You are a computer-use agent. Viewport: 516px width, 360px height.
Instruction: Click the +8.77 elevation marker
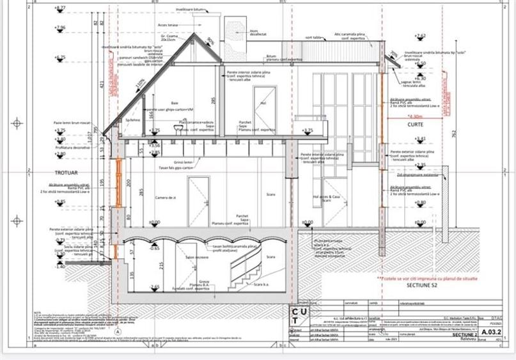[x=61, y=8]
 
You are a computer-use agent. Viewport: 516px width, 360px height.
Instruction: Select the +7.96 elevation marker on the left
[x=61, y=28]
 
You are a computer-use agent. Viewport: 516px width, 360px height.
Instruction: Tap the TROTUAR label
[x=66, y=173]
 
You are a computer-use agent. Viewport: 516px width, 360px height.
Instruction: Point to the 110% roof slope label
[x=139, y=83]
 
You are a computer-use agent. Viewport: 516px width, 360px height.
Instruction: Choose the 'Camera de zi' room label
[x=166, y=198]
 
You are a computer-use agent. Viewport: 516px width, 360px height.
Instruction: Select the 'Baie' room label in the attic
[x=174, y=103]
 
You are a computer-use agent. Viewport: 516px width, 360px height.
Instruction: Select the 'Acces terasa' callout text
[x=168, y=25]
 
